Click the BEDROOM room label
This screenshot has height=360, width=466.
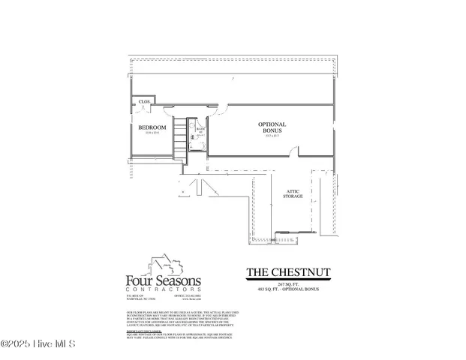point(152,127)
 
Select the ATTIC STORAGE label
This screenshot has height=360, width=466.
point(293,192)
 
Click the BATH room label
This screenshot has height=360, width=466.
point(200,129)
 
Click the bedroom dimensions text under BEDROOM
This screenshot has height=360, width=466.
point(152,133)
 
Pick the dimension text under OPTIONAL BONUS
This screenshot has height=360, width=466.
point(272,136)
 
